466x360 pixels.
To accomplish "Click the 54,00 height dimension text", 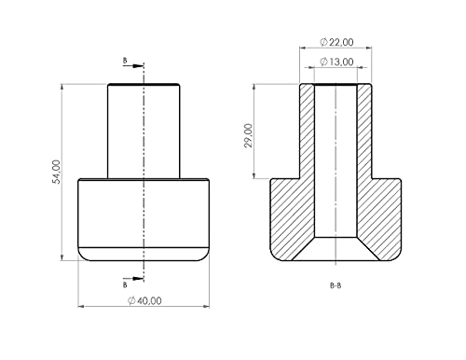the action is tap(57, 172).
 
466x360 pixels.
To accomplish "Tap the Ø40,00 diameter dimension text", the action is tap(144, 301).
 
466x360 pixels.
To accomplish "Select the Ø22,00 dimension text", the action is tap(336, 42).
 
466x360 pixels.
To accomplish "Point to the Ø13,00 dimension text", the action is tap(336, 62).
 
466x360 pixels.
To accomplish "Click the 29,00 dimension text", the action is tap(249, 135).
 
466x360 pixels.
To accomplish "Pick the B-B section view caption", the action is tap(336, 285).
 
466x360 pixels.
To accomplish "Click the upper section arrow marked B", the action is tap(134, 66).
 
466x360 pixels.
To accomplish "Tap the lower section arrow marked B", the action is tap(134, 279).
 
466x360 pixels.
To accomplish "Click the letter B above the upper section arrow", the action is tap(125, 61).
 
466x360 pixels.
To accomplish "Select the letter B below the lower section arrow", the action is tap(125, 285).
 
